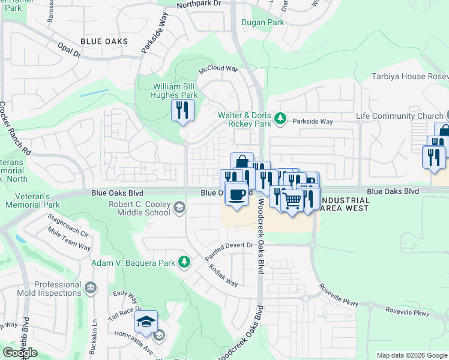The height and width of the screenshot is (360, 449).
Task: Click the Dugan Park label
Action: [262, 22]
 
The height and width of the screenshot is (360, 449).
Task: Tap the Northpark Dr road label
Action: [199, 4]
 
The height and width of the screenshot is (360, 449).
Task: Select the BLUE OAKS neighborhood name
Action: [104, 41]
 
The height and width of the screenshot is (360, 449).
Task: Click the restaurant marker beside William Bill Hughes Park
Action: [182, 110]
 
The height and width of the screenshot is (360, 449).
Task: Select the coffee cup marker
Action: [237, 194]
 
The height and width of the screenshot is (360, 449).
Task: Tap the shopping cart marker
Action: [292, 201]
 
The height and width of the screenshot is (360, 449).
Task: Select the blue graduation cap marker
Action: [146, 323]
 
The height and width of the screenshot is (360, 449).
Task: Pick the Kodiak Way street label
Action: [223, 275]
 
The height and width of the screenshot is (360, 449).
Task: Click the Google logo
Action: [20, 352]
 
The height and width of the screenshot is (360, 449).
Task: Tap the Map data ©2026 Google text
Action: [411, 355]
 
